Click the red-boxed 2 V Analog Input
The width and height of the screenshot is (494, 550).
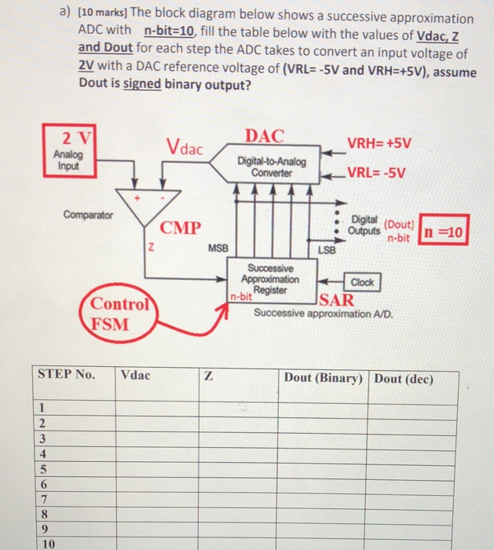tap(71, 148)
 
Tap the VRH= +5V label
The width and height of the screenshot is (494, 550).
tap(380, 145)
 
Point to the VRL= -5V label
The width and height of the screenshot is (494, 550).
tap(377, 174)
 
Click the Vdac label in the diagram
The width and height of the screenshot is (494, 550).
tap(185, 146)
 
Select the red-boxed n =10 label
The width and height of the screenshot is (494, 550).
tap(443, 231)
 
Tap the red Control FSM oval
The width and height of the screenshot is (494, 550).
tap(119, 315)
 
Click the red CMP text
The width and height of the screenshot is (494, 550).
tap(181, 229)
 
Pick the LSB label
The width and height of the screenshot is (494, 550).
tap(327, 249)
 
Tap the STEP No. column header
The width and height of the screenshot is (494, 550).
tap(67, 375)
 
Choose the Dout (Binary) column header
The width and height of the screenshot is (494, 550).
tap(323, 377)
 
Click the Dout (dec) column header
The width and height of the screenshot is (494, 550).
tap(404, 377)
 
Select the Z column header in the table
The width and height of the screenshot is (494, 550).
tap(207, 376)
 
